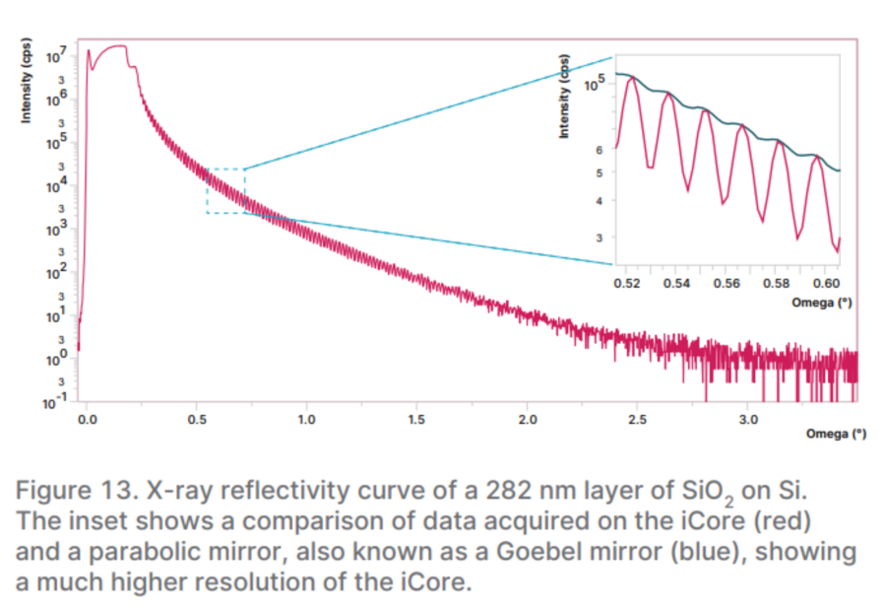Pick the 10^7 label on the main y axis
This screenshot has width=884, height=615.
click(x=57, y=50)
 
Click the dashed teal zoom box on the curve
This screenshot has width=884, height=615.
click(x=225, y=190)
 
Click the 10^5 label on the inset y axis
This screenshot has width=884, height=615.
click(x=595, y=85)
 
